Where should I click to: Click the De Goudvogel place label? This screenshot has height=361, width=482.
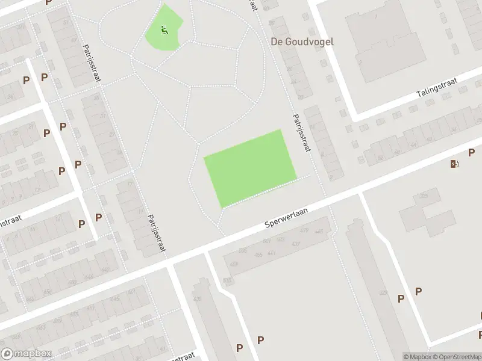[301, 42]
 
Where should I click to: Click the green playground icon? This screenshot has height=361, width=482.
[164, 29]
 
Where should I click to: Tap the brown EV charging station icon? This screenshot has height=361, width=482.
[454, 164]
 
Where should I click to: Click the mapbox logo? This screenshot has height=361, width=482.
[26, 354]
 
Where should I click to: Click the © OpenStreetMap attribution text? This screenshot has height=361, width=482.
[456, 357]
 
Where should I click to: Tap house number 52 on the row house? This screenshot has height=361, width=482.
[380, 158]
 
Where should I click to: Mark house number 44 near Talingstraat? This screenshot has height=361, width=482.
[413, 145]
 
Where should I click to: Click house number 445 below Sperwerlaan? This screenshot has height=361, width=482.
[319, 232]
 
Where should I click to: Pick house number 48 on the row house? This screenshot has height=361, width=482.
[396, 152]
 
